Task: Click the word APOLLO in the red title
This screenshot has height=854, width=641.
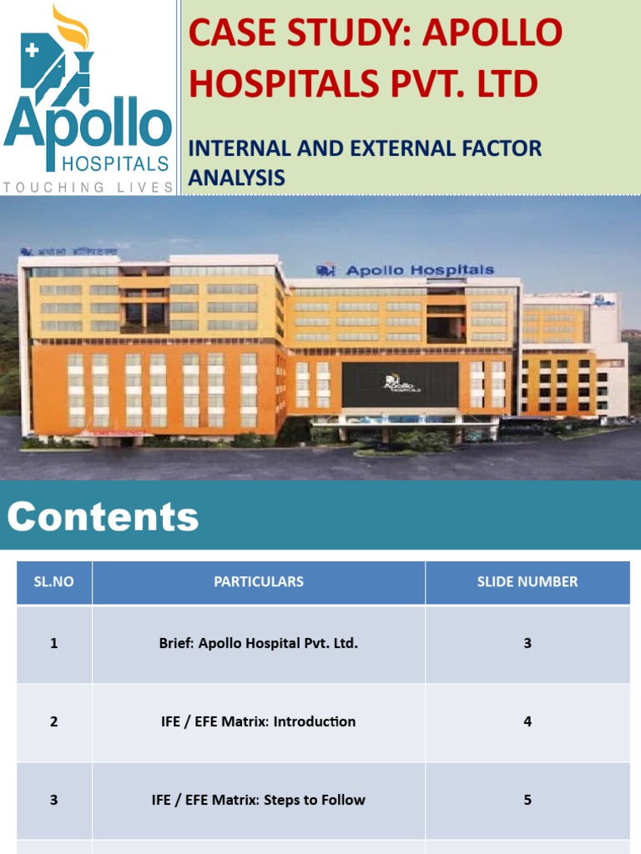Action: (492, 33)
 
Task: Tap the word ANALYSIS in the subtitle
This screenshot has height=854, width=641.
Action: (236, 178)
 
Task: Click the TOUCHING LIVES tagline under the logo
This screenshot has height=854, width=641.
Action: (88, 188)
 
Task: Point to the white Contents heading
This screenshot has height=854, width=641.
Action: (103, 516)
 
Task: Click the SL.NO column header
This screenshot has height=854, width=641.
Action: (53, 582)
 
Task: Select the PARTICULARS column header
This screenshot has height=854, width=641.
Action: (259, 582)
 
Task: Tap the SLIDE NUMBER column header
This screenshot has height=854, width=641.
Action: (527, 582)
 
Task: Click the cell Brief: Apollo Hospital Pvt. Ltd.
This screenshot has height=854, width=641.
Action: (259, 644)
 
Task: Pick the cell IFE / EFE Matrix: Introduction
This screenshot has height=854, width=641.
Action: (259, 722)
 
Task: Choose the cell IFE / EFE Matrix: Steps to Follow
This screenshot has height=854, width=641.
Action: (259, 801)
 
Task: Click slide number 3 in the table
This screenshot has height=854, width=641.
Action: (527, 644)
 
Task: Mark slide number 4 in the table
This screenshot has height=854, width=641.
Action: (527, 722)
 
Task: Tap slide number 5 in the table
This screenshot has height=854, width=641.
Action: (527, 801)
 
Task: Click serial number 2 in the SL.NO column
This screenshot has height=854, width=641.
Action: (53, 722)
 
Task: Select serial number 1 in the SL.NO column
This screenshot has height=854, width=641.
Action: (53, 644)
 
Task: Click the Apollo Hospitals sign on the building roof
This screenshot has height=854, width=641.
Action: (406, 270)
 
